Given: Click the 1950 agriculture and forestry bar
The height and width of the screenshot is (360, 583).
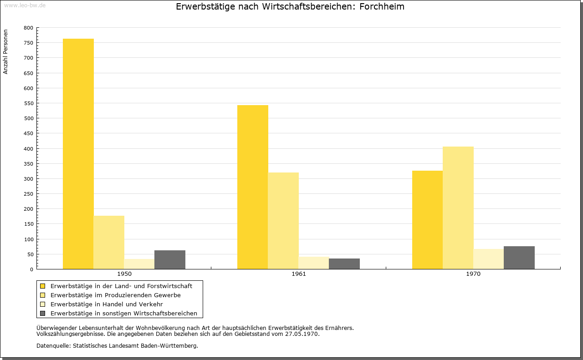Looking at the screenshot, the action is coord(78,154).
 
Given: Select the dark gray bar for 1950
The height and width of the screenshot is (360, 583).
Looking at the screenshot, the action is coord(170,259).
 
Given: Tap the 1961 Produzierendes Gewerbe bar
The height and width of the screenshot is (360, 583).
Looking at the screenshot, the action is coord(283,221).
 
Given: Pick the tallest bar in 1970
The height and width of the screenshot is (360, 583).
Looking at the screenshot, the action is coord(458,208).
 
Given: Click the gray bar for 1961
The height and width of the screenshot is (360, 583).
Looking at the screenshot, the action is coord(344,264).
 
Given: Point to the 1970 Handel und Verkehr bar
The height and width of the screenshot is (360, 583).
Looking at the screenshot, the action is coord(489,259).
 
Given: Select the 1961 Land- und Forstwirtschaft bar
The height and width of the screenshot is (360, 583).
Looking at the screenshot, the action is coord(253,187).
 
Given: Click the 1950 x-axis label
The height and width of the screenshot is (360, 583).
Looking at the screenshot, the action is coord(124,274).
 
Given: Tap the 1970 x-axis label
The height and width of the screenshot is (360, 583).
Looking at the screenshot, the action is coord(473,274).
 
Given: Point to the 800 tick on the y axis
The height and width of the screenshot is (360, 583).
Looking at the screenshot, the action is coord(28,28).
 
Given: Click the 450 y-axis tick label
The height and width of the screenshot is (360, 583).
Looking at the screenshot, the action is coord(28,133).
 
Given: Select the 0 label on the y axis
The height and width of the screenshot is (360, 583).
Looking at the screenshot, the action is coord(31,269).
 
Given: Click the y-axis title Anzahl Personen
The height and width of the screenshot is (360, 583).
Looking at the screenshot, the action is coord(5,51).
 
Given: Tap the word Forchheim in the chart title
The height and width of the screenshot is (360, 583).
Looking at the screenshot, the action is coord(382,6).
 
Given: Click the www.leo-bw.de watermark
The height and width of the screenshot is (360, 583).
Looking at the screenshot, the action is coord(25,5).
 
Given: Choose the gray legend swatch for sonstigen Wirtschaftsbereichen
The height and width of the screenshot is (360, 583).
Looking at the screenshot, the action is coord(43,313).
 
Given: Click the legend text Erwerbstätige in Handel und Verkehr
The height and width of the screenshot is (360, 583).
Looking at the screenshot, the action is coord(107,304).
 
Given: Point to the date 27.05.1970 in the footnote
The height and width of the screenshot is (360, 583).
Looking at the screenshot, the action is coord(302,334).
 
